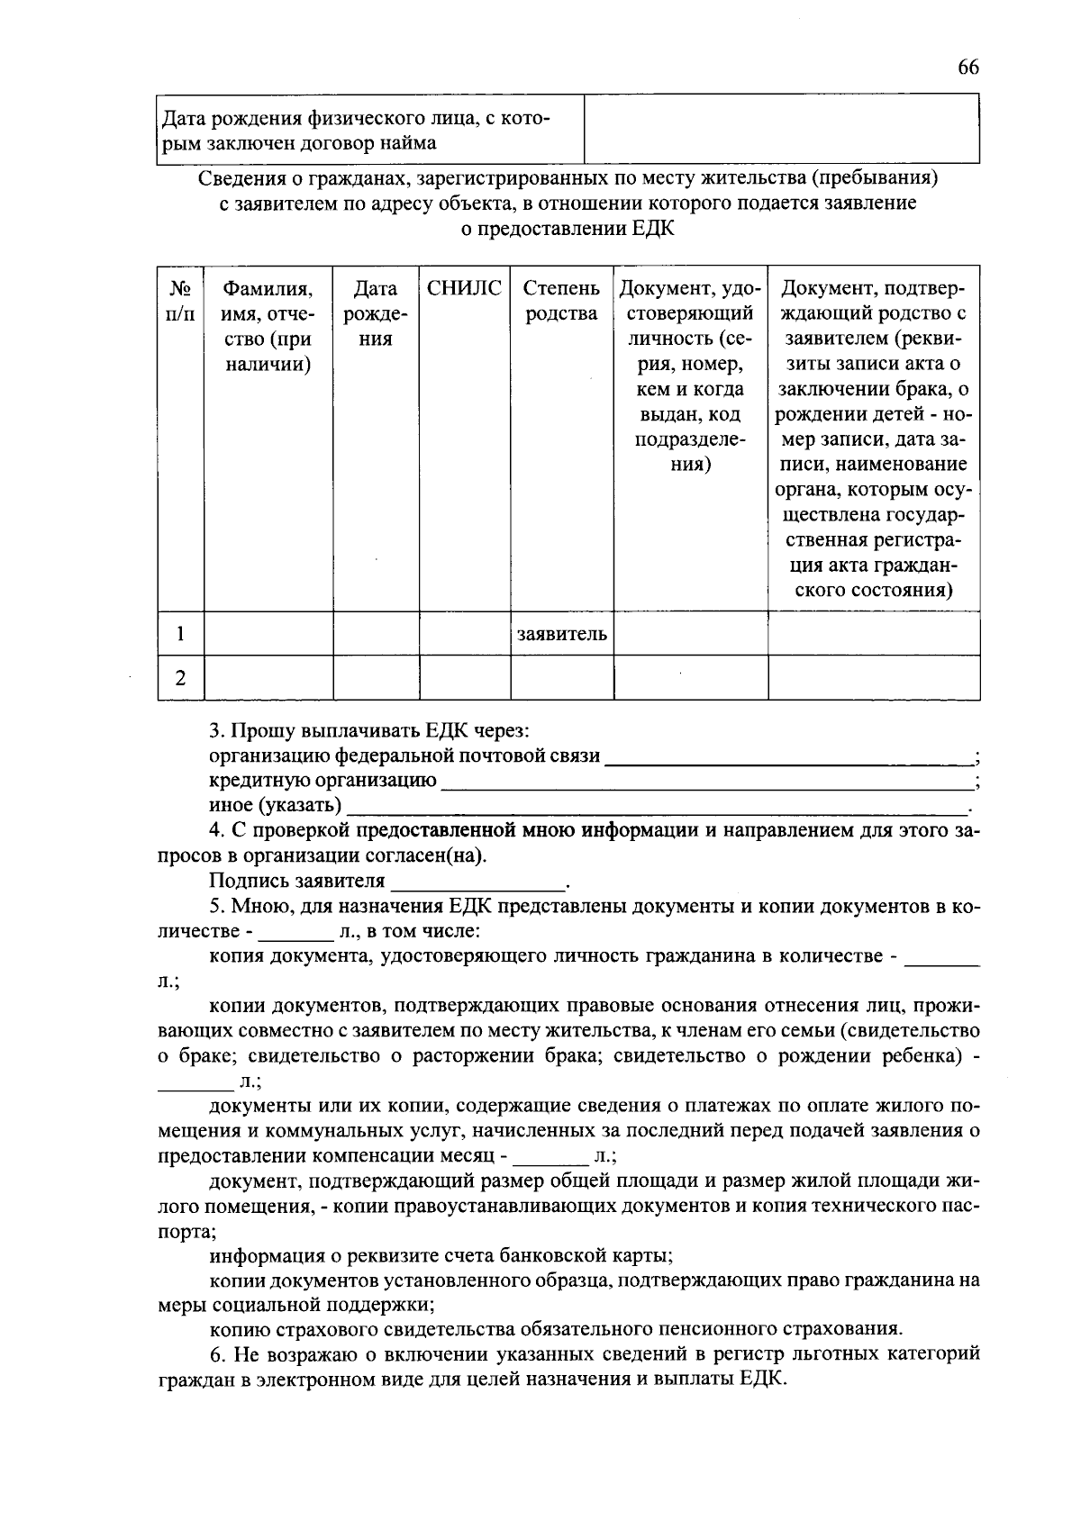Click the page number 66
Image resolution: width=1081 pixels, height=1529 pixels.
[968, 68]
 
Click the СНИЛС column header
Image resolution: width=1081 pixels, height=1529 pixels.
[464, 288]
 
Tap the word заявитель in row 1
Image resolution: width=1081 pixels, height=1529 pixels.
[561, 634]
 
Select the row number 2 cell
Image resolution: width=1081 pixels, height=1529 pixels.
[180, 678]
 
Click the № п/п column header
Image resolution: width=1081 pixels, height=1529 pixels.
[180, 301]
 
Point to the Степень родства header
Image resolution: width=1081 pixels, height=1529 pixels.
[561, 301]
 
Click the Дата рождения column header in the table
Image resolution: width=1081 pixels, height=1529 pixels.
[376, 313]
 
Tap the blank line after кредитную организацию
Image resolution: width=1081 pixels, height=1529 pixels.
[707, 782]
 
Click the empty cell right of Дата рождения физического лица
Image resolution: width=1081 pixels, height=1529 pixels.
[781, 129]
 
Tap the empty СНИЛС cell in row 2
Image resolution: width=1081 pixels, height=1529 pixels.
[464, 678]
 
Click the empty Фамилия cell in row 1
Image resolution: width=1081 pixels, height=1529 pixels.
[268, 634]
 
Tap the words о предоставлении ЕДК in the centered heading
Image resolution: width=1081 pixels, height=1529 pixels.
[568, 228]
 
